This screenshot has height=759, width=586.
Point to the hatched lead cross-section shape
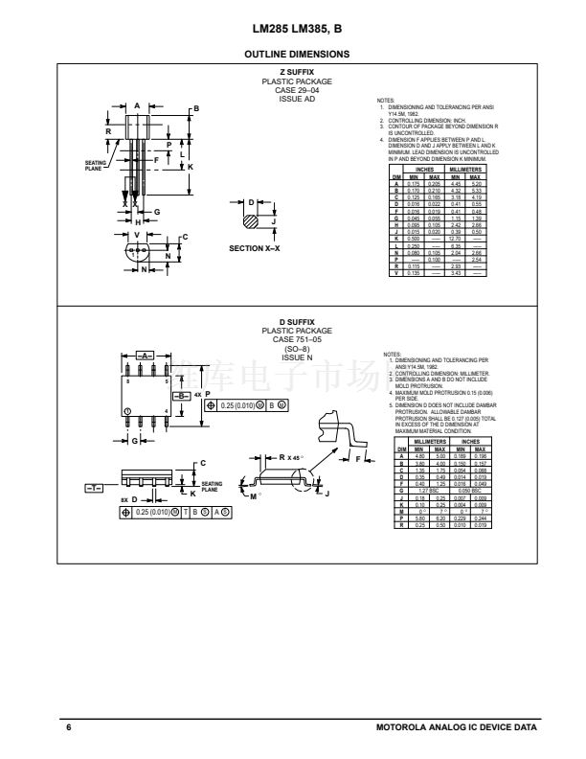coord(252,221)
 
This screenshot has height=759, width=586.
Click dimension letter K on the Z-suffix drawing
coord(190,165)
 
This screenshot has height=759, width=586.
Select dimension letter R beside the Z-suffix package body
coord(108,131)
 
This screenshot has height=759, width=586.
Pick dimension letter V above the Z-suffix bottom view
coord(137,235)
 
